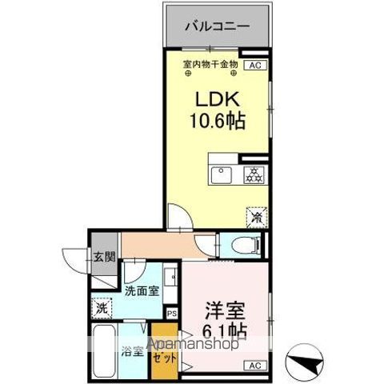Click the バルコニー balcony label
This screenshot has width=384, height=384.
[218, 26]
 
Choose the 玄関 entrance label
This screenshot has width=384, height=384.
[104, 257]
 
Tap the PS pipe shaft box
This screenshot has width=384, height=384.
[172, 313]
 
